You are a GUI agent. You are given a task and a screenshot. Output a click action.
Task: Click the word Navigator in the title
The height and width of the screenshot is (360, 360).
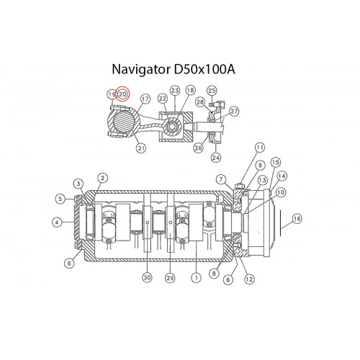(140, 70)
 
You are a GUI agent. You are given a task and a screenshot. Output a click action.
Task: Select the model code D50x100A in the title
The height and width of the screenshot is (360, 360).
(204, 69)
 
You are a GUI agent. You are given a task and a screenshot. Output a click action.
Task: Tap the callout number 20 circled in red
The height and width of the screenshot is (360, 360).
(122, 94)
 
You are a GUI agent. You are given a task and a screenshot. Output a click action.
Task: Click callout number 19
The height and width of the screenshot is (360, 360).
(112, 94)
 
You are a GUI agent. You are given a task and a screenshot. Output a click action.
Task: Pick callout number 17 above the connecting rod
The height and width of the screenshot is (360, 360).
(145, 99)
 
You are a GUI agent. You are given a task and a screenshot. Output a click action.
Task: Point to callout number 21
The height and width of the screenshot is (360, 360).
(141, 148)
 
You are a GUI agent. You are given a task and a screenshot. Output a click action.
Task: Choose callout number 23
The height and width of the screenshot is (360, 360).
(175, 91)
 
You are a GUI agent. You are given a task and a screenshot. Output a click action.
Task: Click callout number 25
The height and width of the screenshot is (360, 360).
(212, 91)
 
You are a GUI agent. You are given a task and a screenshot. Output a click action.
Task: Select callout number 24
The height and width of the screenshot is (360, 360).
(216, 158)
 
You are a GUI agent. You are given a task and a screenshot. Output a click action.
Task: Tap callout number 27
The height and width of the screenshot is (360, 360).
(234, 111)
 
